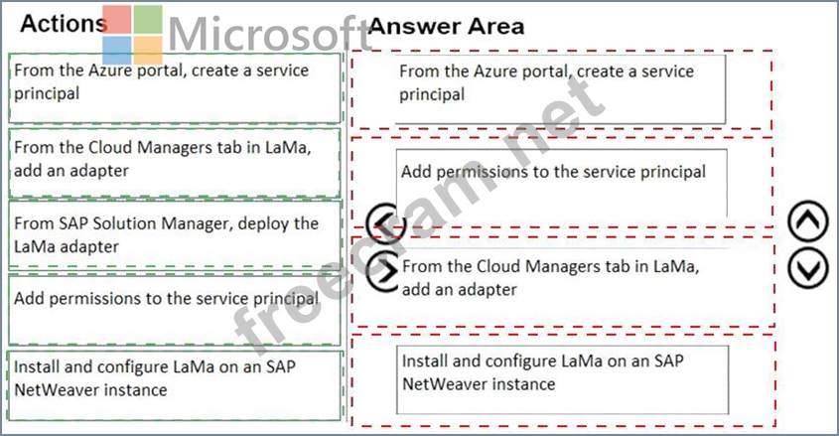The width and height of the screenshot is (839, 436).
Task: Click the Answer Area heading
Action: [x=446, y=27]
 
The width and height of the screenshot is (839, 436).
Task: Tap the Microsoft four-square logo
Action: [x=132, y=36]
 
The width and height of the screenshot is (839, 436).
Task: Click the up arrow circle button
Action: [x=807, y=223]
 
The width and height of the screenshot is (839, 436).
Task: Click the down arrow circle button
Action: [x=807, y=266]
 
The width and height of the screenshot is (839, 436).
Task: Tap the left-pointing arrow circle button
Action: [x=382, y=223]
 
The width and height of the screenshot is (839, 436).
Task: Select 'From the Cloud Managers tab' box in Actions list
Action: [x=175, y=162]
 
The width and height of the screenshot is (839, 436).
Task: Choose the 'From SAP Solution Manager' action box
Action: [x=175, y=235]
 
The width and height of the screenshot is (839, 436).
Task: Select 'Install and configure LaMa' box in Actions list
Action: [x=175, y=376]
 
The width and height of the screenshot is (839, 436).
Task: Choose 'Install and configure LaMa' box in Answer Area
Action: [x=562, y=378]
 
